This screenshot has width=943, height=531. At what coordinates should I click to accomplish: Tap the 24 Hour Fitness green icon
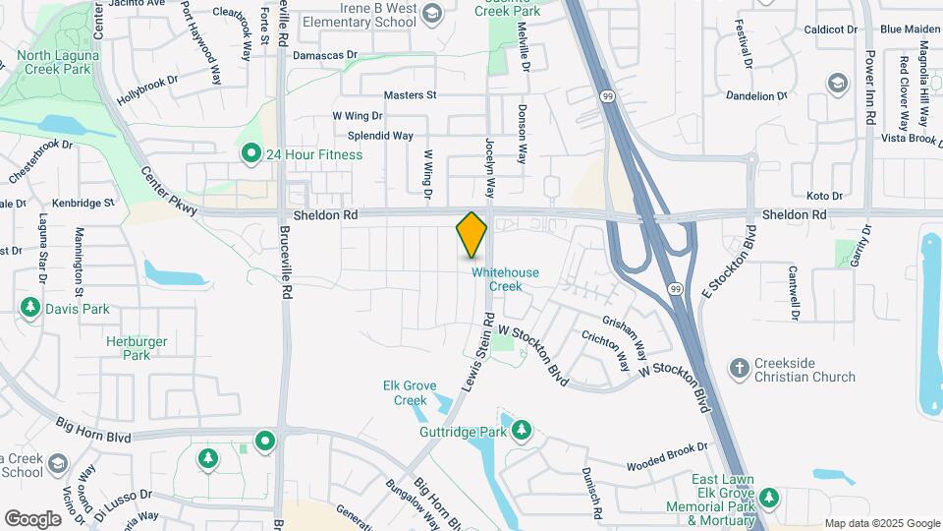[250, 154]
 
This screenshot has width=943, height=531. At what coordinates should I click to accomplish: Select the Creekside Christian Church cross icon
[739, 369]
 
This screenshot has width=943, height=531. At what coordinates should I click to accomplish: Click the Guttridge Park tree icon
[521, 431]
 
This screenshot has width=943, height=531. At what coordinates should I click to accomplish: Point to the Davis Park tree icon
[30, 309]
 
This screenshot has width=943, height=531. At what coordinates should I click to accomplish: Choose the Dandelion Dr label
[758, 95]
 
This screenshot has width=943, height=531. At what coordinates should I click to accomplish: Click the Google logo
[31, 518]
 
